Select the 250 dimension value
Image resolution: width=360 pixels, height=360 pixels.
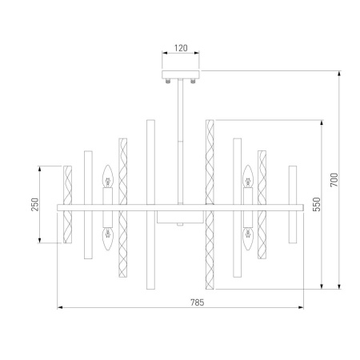click(34, 206)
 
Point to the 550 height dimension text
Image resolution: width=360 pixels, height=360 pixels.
click(317, 204)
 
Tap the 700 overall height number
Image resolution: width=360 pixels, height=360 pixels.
click(335, 182)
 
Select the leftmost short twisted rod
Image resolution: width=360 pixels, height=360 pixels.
click(68, 206)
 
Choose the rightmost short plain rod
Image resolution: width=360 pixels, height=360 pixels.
click(292, 206)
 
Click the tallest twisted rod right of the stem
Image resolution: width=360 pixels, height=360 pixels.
click(210, 206)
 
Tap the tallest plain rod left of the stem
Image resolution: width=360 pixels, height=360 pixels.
click(149, 206)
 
